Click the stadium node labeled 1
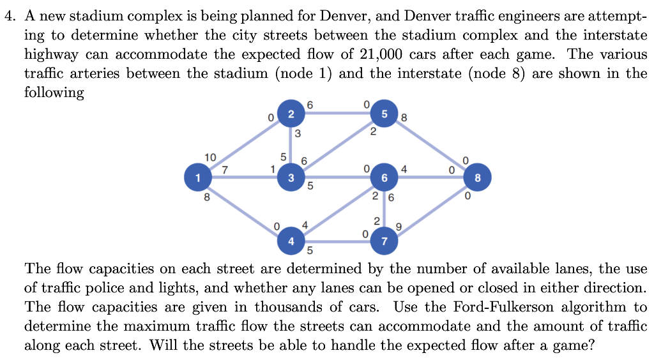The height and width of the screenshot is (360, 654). click(x=198, y=177)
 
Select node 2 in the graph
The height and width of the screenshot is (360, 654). click(x=291, y=114)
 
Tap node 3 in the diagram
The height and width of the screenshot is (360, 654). click(x=291, y=177)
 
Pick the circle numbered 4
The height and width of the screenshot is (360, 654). click(x=291, y=241)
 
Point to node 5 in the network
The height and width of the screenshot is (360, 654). click(x=384, y=114)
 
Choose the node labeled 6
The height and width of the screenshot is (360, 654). click(x=384, y=177)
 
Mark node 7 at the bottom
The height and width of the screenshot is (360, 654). click(x=384, y=241)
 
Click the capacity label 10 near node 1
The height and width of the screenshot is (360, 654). click(x=210, y=157)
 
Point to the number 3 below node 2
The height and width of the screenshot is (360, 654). click(x=298, y=134)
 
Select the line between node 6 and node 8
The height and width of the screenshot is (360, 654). click(x=434, y=177)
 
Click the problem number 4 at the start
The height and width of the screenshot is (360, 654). click(x=7, y=17)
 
